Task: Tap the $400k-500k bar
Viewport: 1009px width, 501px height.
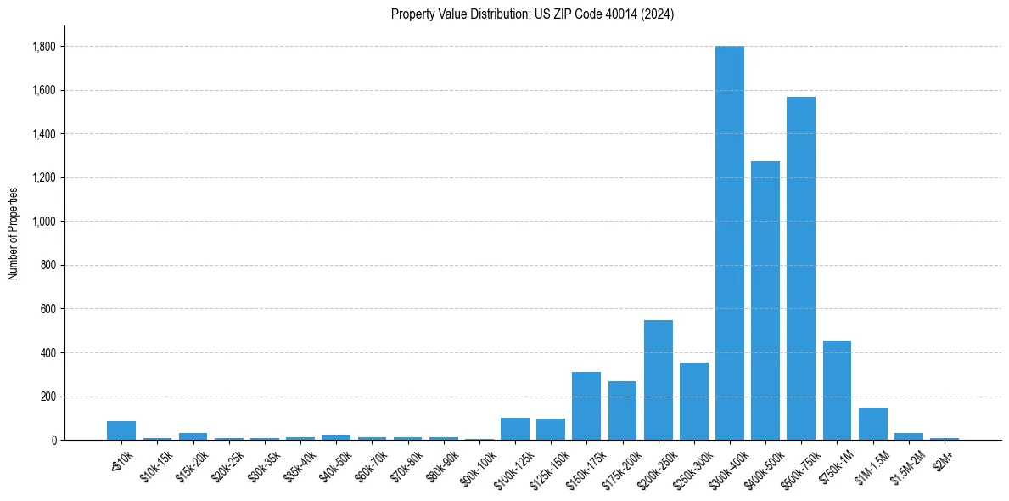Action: coord(765,301)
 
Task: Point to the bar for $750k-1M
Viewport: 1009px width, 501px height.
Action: coord(837,390)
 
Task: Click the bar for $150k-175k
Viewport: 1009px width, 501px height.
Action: coord(586,406)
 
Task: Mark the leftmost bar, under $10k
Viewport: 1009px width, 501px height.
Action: coord(121,431)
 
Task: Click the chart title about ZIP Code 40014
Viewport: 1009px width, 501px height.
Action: coord(532,14)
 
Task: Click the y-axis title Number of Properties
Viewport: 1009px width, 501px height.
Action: coord(14,233)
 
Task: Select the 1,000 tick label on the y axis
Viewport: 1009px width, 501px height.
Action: coord(42,222)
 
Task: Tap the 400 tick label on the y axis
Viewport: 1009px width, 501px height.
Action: coord(48,353)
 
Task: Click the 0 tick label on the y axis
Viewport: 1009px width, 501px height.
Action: coord(53,441)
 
